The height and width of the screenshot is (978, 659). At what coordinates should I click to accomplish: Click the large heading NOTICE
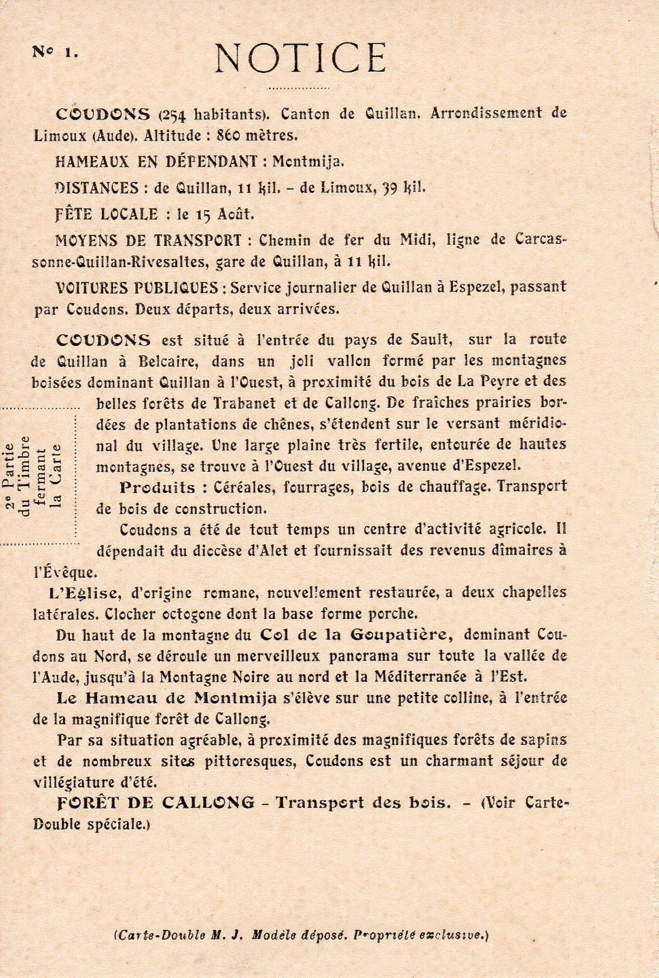pos(300,58)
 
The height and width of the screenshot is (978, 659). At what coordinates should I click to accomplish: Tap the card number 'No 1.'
pos(55,52)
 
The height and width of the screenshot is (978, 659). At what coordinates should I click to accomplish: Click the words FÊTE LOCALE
pos(106,214)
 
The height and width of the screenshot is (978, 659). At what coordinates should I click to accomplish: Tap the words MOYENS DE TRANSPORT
pos(148,240)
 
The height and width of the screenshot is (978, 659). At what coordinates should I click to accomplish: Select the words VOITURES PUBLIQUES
pos(137,288)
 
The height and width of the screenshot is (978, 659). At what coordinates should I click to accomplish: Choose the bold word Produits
pos(157,487)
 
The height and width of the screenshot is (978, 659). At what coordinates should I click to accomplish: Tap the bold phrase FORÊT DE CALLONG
pos(156,802)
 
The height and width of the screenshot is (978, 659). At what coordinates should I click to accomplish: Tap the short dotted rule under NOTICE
pos(298,89)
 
